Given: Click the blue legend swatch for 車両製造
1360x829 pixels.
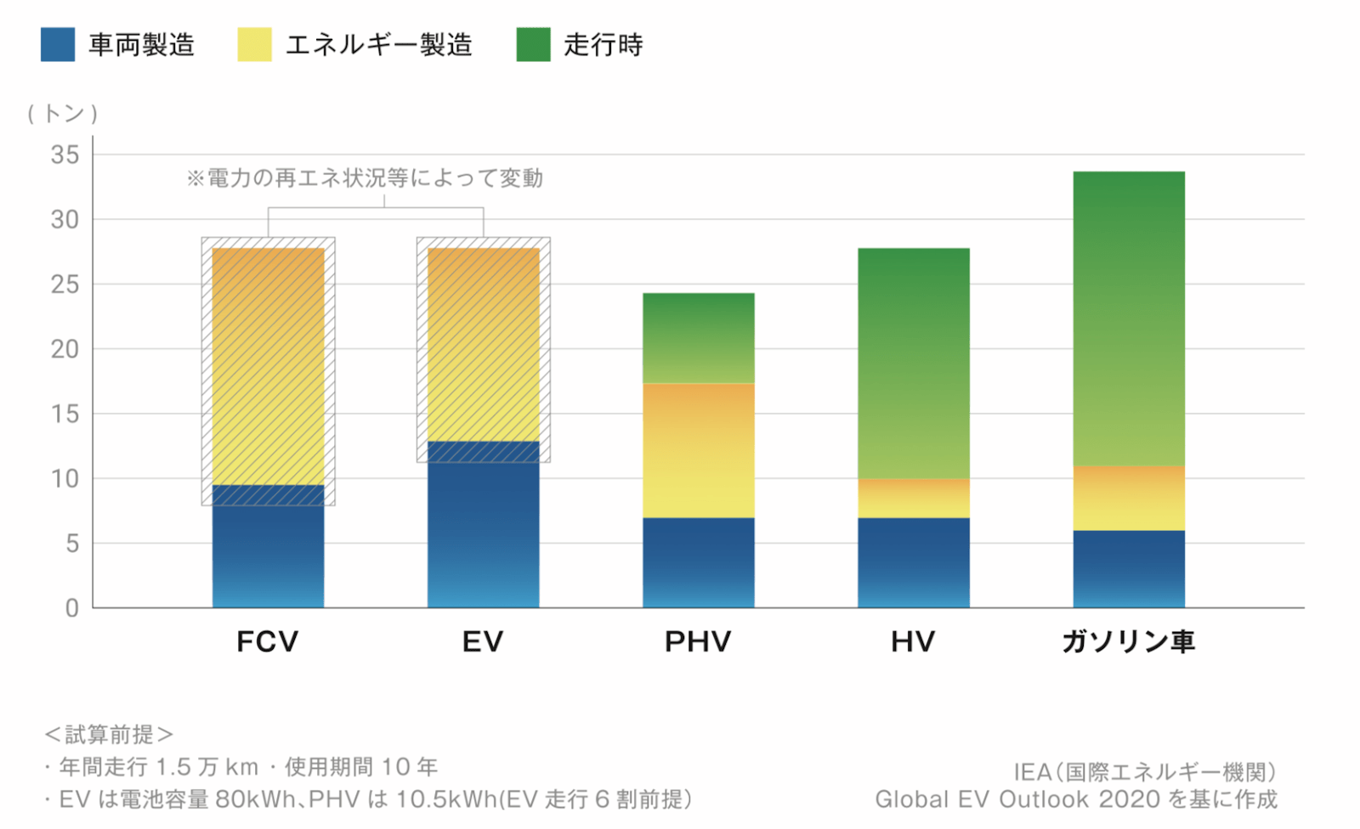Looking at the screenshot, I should pos(58,44).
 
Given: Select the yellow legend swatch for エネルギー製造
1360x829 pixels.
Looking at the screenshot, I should pos(254,44).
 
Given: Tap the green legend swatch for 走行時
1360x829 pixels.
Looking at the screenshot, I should pos(533,44).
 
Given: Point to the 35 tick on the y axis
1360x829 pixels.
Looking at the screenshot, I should pos(65,155).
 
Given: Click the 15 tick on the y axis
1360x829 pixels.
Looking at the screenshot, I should pos(65,414).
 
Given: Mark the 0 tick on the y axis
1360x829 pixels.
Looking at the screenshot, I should pos(72,608).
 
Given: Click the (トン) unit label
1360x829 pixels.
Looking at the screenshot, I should pos(62,113).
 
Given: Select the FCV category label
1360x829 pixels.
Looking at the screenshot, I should pos(268,641).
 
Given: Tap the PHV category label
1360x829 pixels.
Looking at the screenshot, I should pos(698,641).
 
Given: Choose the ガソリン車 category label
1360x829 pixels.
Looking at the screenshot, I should pos(1128,641).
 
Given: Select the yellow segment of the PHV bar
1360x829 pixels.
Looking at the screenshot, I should pos(698,450).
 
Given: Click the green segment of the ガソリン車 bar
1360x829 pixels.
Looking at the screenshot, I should pos(1128,319).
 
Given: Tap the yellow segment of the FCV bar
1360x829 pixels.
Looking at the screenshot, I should pos(268,365).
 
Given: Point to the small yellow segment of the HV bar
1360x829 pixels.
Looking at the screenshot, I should pos(914,499).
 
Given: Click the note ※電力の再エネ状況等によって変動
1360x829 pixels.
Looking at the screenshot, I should pos(365,178).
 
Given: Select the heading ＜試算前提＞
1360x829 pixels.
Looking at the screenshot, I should pos(109,734).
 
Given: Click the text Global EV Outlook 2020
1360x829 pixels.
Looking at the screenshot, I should pos(1017,799).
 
